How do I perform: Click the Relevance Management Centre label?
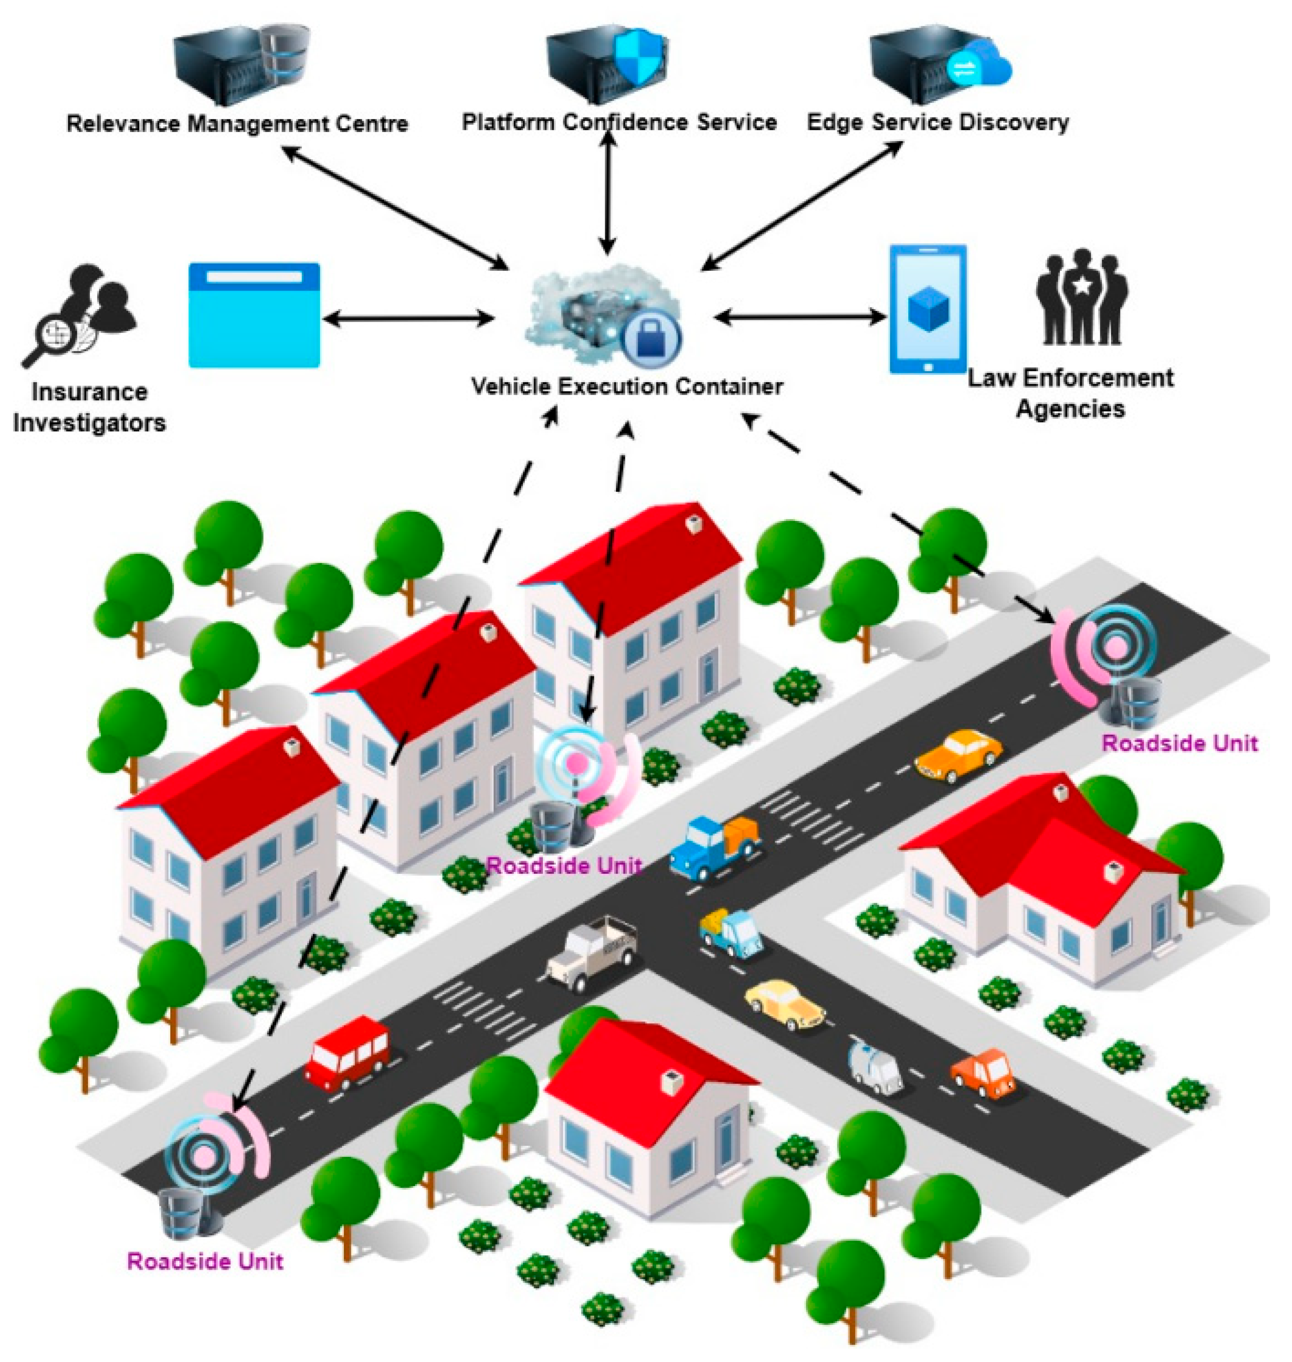click(237, 124)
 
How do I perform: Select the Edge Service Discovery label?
click(937, 123)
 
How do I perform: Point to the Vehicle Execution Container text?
click(627, 386)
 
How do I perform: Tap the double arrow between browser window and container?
click(408, 319)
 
